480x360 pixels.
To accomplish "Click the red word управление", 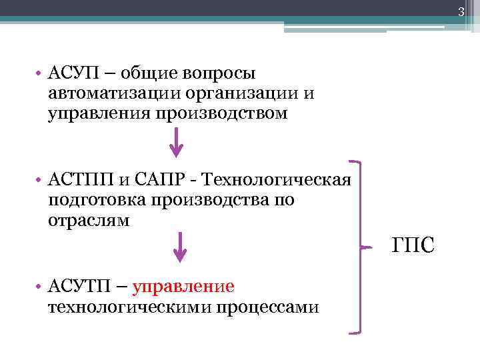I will click(x=184, y=287).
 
